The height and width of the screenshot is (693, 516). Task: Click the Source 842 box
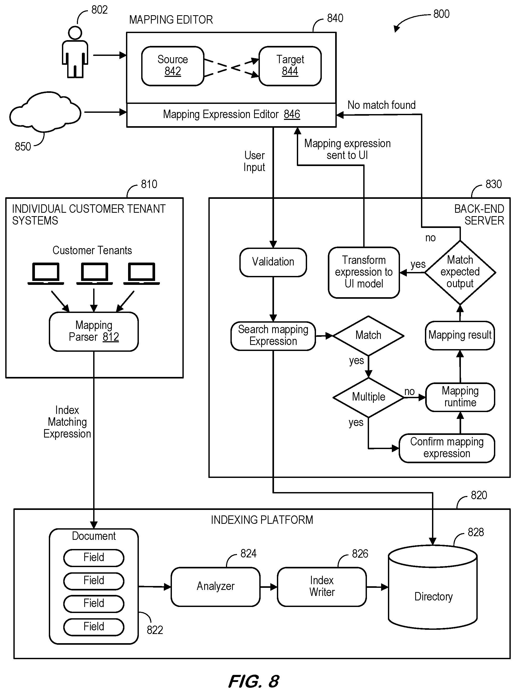point(173,66)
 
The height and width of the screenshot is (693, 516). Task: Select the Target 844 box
point(290,66)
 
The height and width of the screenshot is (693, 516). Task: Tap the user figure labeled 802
point(75,52)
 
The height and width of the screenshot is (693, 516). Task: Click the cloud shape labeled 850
point(45,111)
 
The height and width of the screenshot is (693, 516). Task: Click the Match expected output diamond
point(460,273)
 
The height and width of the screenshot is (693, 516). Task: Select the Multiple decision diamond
point(368,397)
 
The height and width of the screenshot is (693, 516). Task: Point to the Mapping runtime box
point(460,397)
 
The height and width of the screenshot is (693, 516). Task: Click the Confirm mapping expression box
point(447,448)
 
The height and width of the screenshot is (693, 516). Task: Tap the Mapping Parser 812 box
point(94,332)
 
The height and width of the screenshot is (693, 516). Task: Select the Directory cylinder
point(433,587)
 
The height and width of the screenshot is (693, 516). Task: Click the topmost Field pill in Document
point(94,558)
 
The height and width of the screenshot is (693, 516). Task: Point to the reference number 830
point(493,184)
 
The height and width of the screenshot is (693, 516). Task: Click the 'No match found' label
point(381,105)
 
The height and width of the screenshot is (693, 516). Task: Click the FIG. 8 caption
point(254,681)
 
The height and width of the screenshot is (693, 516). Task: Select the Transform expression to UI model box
point(364,273)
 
